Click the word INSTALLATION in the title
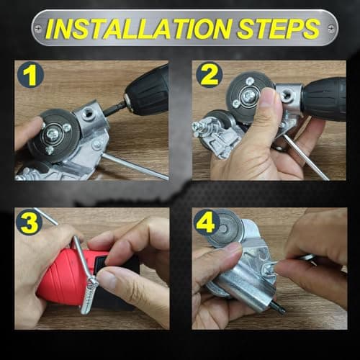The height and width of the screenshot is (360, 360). point(137,30)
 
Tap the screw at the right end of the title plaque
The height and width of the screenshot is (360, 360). point(330,30)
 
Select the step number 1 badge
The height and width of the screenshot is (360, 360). point(30,74)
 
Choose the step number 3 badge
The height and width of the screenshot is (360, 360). point(30,222)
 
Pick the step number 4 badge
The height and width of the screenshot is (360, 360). point(207,222)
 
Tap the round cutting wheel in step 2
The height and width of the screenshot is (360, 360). point(248,93)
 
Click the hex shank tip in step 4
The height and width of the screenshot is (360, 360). point(278,309)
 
